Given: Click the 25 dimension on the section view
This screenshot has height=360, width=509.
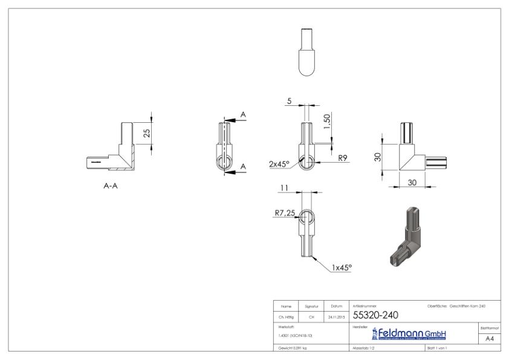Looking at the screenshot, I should (147, 133).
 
